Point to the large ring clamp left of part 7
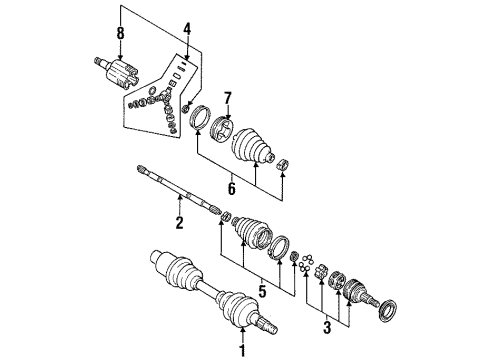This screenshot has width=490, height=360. click(x=197, y=119)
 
